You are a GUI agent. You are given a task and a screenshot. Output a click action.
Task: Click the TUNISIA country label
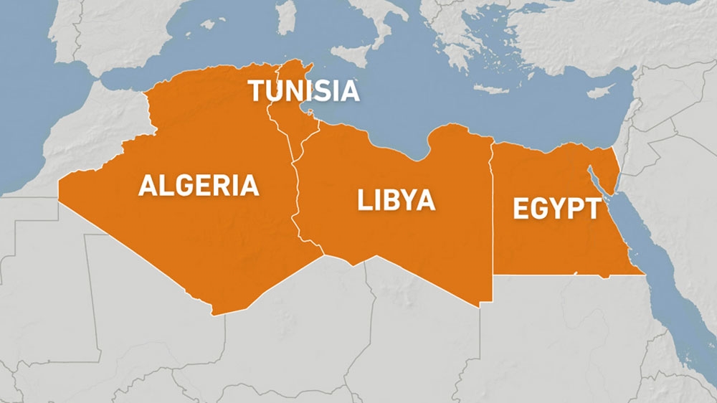[x=303, y=90]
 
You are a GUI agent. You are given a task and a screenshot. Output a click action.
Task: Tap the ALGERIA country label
[x=199, y=186]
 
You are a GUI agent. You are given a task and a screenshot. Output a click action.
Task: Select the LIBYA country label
[x=396, y=201]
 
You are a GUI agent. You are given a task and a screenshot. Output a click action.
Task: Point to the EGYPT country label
[x=556, y=209]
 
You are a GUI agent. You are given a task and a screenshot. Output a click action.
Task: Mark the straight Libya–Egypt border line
[x=493, y=215]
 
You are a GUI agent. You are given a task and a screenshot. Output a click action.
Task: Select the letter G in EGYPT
[x=540, y=209]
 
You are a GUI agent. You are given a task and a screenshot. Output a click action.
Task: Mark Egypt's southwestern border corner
[x=494, y=274]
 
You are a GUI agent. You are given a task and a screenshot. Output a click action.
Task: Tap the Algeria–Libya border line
[x=296, y=201]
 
